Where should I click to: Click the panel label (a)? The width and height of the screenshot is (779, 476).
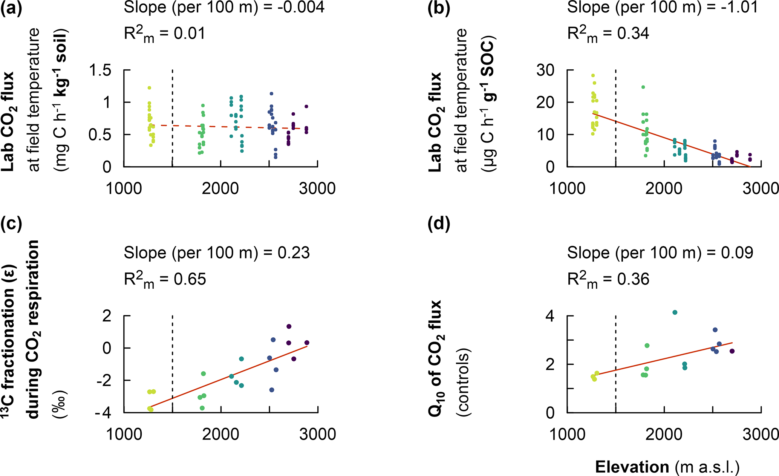point(11,8)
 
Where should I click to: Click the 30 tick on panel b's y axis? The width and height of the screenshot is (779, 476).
point(545,70)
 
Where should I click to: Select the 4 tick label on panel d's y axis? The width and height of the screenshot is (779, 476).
point(550,316)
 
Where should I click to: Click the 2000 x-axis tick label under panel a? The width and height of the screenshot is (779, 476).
point(220,188)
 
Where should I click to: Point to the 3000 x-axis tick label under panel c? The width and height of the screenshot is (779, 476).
point(318,434)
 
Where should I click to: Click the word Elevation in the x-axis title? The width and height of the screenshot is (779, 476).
point(632,467)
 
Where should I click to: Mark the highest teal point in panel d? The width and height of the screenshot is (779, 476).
point(675,312)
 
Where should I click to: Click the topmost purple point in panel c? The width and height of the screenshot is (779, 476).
point(289,326)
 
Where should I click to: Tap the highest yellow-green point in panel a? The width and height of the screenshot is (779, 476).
point(149,88)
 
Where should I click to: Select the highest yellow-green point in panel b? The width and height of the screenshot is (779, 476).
point(593,75)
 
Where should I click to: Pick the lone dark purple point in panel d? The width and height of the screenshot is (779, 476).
point(732,351)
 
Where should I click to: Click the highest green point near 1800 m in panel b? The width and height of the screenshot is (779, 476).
point(643,87)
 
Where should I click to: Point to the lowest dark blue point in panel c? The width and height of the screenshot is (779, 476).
point(271,390)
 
